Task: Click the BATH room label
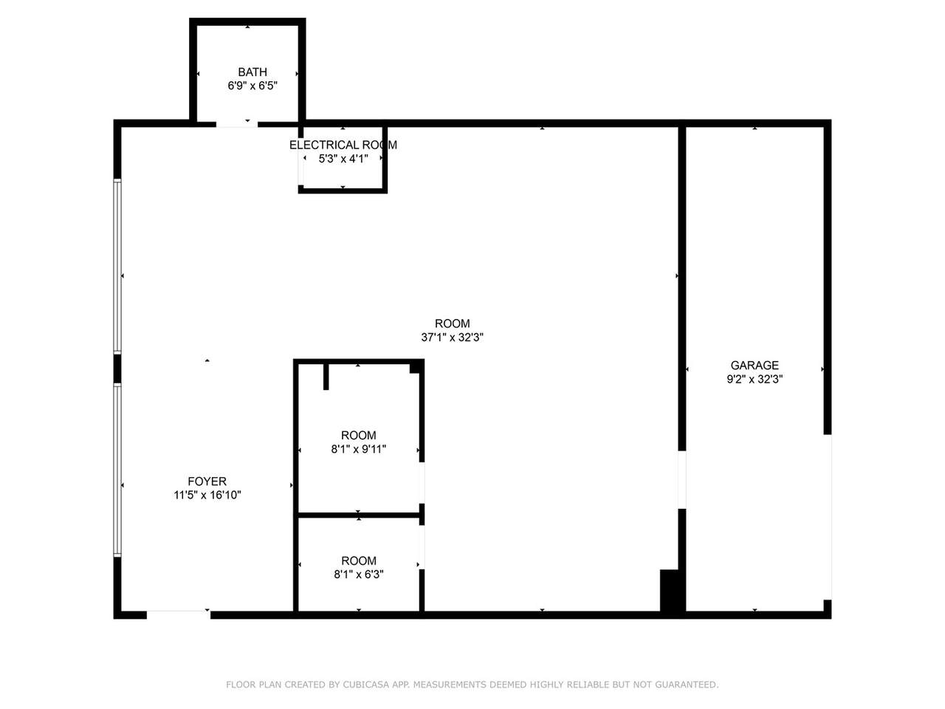252,72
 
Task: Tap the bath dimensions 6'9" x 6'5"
252,86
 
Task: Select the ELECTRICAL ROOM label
343,145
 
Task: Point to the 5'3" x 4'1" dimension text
343,159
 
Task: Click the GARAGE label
755,366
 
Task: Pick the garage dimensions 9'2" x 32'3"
755,380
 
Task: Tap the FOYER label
207,482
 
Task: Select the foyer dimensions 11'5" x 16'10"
207,495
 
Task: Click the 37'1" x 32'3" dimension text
452,337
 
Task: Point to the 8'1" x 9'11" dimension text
358,449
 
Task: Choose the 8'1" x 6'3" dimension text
359,575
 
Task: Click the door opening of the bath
237,124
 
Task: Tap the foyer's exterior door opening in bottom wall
178,614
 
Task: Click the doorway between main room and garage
682,479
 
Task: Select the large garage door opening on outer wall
827,517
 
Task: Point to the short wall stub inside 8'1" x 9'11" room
326,377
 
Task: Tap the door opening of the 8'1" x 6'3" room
422,547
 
